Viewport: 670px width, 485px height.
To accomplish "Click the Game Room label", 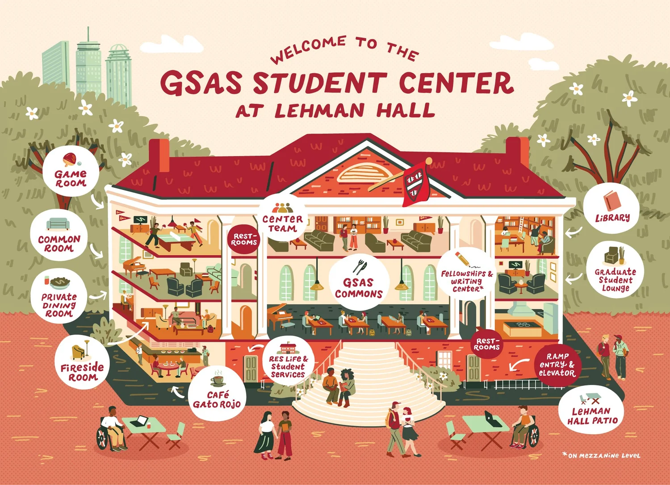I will pos(71,178).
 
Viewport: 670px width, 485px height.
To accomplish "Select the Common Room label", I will pos(59,244).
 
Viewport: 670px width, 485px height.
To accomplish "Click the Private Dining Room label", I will pos(59,305).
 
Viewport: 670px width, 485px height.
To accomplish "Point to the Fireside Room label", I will pos(82,372).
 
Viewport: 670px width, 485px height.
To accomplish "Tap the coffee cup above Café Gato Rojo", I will pos(218,379).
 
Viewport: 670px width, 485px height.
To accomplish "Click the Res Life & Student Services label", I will pos(288,366).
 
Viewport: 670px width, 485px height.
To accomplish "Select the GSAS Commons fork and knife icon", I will pos(360,267).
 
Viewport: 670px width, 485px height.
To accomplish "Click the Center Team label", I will pos(282,224).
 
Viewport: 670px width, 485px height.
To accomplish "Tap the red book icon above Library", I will pos(611,200).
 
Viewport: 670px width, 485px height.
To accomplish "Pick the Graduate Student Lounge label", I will pos(615,280).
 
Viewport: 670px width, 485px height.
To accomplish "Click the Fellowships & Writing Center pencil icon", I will pos(462,258).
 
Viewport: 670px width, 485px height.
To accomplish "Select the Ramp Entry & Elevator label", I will pos(557,365).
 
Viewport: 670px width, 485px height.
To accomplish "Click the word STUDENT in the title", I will pos(319,83).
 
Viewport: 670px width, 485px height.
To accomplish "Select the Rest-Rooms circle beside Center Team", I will pos(244,239).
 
